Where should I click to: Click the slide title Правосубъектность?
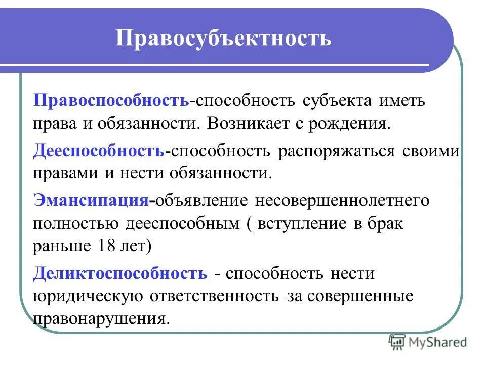click(x=224, y=39)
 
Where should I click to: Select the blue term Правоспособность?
click(x=111, y=100)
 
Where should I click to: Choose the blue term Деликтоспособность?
click(x=120, y=273)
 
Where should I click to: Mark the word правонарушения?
click(x=100, y=319)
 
